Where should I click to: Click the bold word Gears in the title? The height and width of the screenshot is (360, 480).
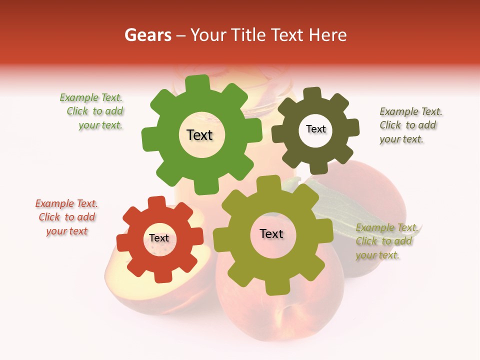[147, 35]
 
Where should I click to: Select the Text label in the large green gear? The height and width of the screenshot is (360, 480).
[199, 135]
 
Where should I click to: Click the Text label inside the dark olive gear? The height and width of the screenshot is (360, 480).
[315, 129]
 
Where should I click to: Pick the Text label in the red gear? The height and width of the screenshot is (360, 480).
[159, 238]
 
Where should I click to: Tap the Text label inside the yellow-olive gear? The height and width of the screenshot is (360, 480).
[271, 234]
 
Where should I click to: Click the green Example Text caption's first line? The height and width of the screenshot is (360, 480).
[91, 98]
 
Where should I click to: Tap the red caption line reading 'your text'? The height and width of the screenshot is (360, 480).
[67, 231]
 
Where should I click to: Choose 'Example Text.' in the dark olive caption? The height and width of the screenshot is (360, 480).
[411, 111]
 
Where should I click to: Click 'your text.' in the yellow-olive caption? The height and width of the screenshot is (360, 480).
[378, 255]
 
